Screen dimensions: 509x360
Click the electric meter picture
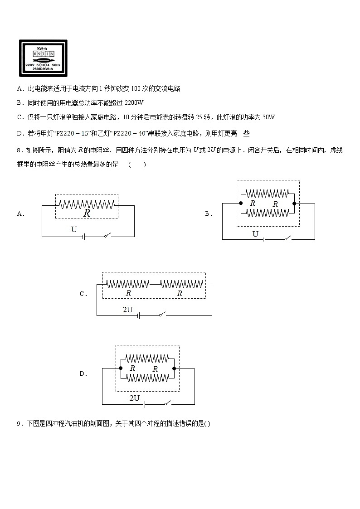(x=43, y=58)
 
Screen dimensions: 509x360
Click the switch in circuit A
(x=107, y=236)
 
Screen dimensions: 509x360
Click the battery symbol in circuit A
(x=83, y=237)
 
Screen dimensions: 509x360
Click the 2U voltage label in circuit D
(x=134, y=398)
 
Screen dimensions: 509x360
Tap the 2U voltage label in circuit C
(x=128, y=310)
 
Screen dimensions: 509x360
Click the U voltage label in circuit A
(x=74, y=230)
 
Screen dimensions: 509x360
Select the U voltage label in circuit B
(x=255, y=234)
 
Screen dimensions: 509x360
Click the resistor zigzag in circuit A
(x=87, y=204)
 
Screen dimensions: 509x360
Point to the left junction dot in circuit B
(x=241, y=204)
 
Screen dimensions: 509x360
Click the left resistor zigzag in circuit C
(x=128, y=284)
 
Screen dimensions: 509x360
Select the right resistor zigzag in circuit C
(x=180, y=284)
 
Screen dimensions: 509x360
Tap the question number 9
(x=19, y=424)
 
